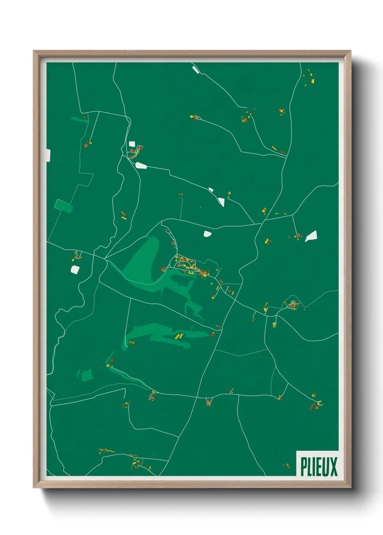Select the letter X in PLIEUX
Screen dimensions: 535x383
click(334, 466)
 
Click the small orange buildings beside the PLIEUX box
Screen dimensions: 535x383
click(287, 465)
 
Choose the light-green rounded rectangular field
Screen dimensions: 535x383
click(64, 206)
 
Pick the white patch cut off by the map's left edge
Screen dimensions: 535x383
click(48, 155)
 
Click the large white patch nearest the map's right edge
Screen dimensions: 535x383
click(311, 236)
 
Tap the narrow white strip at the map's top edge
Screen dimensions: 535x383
click(195, 70)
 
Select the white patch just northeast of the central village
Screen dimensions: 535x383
click(207, 234)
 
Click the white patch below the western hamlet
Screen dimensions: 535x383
click(75, 269)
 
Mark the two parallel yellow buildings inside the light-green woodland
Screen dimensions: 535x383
click(179, 336)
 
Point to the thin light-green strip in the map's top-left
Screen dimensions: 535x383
click(79, 119)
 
